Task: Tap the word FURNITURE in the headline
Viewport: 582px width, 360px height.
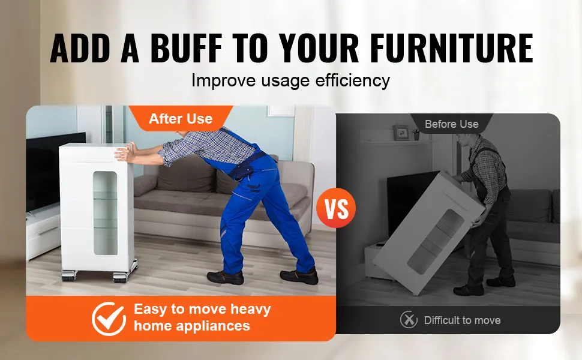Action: [x=452, y=48]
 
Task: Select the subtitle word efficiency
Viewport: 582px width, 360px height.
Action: [x=353, y=80]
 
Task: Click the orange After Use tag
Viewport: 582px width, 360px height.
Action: [x=181, y=118]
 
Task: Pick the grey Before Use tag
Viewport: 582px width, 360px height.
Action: [x=452, y=124]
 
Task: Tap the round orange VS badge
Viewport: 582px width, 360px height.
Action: [x=336, y=208]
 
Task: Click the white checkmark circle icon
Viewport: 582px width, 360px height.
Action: [x=109, y=319]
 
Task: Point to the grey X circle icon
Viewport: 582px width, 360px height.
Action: [x=409, y=320]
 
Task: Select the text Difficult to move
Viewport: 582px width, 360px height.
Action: [x=462, y=320]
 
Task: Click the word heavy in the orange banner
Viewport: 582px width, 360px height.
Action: [x=251, y=309]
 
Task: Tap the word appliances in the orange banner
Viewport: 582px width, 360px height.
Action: [x=212, y=326]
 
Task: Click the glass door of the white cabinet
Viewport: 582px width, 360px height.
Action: [x=106, y=213]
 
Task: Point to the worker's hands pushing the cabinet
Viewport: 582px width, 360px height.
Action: [x=125, y=153]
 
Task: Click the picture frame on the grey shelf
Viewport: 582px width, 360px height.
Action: [x=401, y=133]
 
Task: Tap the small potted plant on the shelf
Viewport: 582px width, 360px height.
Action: [x=416, y=134]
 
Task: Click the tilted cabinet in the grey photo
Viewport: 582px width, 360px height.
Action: [x=429, y=233]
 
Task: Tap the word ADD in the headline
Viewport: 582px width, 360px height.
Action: [x=80, y=48]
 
